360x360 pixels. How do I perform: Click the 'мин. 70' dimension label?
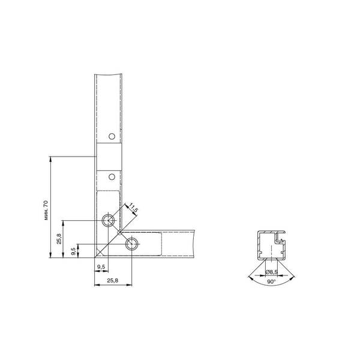(x=46, y=210)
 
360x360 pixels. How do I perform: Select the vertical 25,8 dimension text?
(x=59, y=239)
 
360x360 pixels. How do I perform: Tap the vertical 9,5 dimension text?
(x=74, y=251)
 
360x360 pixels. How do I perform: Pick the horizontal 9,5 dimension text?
(x=101, y=267)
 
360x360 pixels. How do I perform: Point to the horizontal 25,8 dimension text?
(x=113, y=281)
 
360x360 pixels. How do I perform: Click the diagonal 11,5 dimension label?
(x=133, y=208)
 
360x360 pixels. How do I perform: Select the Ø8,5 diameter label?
(x=271, y=272)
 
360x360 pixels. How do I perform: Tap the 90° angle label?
(x=271, y=282)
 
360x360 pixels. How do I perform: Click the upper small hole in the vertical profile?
(x=112, y=136)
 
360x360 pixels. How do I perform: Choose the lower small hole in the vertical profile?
(x=112, y=177)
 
